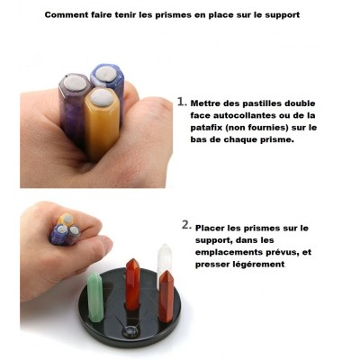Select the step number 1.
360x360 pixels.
pos(181,102)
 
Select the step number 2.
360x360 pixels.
pos(185,225)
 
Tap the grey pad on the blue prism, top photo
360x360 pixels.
pos(105,74)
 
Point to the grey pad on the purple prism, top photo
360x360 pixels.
pos(75,83)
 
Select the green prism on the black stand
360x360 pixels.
pos(95,297)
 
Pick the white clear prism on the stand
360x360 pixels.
pos(164,264)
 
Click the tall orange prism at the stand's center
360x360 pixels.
pos(133,285)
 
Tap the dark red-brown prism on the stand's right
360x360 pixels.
pos(166,296)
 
